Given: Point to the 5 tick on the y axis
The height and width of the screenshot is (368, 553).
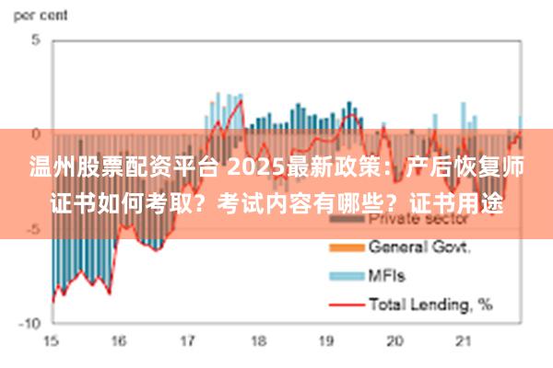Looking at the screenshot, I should (x=36, y=41).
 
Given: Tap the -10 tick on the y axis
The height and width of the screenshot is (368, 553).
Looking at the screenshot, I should (x=30, y=324).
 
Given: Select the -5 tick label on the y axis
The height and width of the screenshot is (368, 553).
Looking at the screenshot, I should (x=34, y=228).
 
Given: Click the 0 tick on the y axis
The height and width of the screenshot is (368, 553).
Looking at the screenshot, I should (x=36, y=134).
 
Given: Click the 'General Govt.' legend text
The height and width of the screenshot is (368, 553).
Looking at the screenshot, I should (x=420, y=247).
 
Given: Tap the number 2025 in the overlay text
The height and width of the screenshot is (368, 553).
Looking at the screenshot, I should (x=246, y=168).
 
